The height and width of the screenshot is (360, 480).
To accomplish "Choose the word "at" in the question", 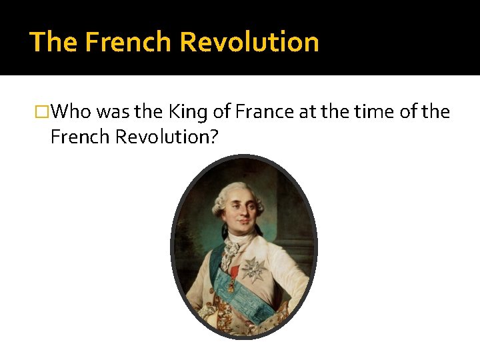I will [307, 112].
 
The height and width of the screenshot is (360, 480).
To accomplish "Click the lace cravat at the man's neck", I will [230, 253].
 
